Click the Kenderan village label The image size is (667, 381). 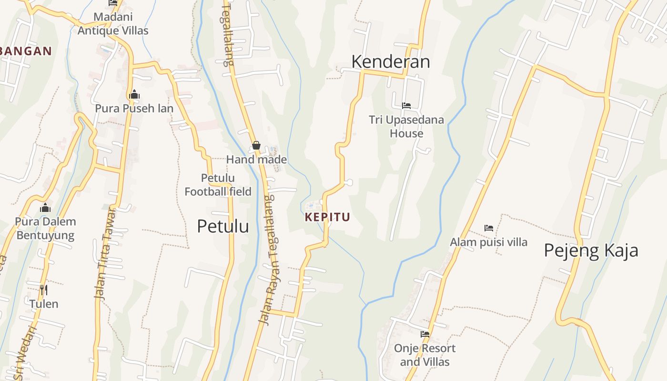(x=391, y=61)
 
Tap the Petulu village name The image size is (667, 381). (x=223, y=226)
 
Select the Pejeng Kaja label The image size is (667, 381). (x=591, y=251)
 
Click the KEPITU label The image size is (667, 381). (x=327, y=217)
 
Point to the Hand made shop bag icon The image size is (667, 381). (x=256, y=145)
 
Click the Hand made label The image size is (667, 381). (x=256, y=160)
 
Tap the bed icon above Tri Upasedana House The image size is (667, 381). (x=406, y=105)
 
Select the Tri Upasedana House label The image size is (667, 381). (x=406, y=127)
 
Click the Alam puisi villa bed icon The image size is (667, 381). (x=489, y=228)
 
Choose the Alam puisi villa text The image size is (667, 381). (x=489, y=242)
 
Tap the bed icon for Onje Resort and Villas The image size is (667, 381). (x=425, y=334)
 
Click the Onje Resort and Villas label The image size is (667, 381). (x=424, y=355)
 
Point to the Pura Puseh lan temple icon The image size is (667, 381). (x=134, y=94)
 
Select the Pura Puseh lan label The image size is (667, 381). (x=134, y=109)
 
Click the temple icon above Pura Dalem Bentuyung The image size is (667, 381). (x=45, y=208)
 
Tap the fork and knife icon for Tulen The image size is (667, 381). (x=44, y=290)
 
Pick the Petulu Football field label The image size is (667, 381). (x=218, y=185)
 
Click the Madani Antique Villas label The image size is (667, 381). (x=113, y=24)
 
